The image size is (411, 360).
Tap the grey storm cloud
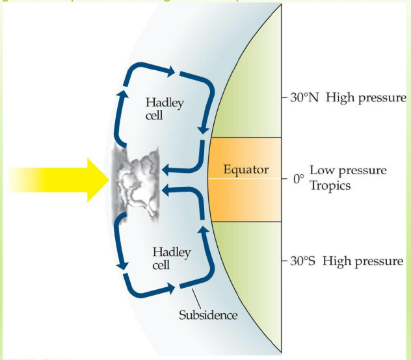click(137, 181)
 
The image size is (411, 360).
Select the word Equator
click(246, 170)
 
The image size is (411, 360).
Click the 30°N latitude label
click(303, 99)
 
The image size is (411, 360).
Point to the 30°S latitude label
click(302, 262)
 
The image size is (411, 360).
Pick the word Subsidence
click(208, 316)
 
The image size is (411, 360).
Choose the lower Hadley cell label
click(166, 258)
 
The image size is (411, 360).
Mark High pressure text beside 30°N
click(366, 99)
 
